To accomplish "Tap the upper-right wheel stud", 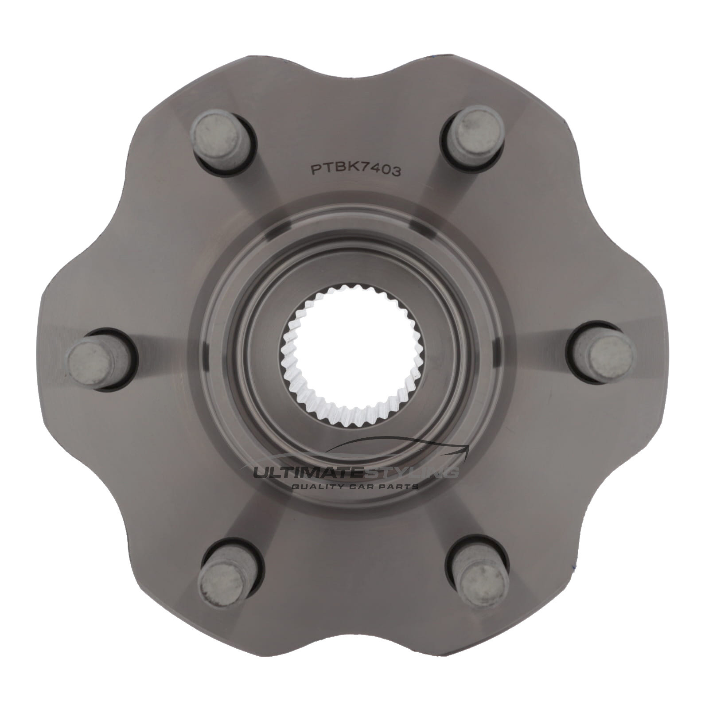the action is coord(473,133).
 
